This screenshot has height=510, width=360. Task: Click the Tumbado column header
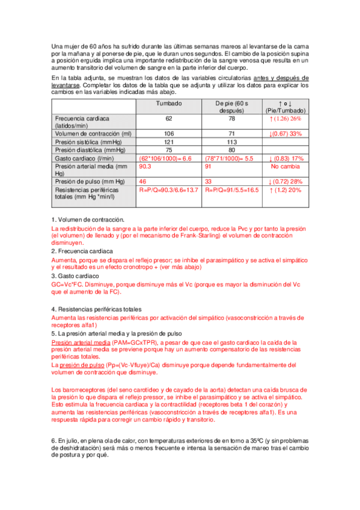pyautogui.click(x=169, y=104)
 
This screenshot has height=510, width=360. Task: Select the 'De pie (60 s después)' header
pyautogui.click(x=234, y=107)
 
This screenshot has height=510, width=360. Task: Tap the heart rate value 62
pyautogui.click(x=169, y=118)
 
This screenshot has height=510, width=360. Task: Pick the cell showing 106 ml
pyautogui.click(x=169, y=134)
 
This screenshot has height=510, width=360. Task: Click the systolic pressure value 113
pyautogui.click(x=234, y=142)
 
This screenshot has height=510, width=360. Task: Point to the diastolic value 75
pyautogui.click(x=169, y=150)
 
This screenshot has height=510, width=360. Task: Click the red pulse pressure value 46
pyautogui.click(x=143, y=181)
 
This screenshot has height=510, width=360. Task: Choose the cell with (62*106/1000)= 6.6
pyautogui.click(x=165, y=158)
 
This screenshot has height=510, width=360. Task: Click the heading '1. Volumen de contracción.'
pyautogui.click(x=88, y=220)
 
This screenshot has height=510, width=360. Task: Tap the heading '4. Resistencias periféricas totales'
pyautogui.click(x=100, y=309)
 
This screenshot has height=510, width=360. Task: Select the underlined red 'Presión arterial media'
pyautogui.click(x=82, y=340)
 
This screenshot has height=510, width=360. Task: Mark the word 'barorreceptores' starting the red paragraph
pyautogui.click(x=79, y=389)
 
